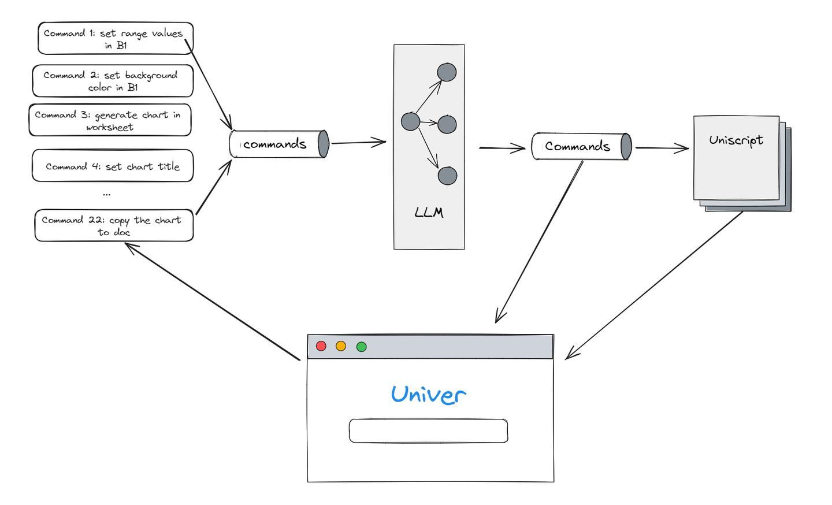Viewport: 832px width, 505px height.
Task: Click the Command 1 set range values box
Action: (115, 38)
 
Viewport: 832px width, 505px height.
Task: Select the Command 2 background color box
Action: (112, 81)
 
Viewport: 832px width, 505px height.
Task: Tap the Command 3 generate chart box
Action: (110, 120)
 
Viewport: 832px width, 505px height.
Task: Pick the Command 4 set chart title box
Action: (113, 166)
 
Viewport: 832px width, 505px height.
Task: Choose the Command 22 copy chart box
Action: (114, 225)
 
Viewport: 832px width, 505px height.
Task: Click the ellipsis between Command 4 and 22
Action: (107, 195)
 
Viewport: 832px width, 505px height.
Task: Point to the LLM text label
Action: (429, 212)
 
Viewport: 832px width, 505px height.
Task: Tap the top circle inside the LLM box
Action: (447, 72)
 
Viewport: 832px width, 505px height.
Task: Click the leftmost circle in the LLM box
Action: (410, 121)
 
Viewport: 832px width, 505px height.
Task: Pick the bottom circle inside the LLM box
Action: (447, 176)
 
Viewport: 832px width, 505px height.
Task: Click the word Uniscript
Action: (736, 140)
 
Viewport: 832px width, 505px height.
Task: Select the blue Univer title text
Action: (428, 395)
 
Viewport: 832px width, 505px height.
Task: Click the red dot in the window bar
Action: (321, 346)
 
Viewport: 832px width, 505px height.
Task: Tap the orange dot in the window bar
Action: (341, 346)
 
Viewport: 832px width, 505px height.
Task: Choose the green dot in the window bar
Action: (362, 347)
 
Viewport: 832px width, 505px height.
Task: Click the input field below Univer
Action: (428, 431)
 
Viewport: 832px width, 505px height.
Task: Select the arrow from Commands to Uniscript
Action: (662, 148)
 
